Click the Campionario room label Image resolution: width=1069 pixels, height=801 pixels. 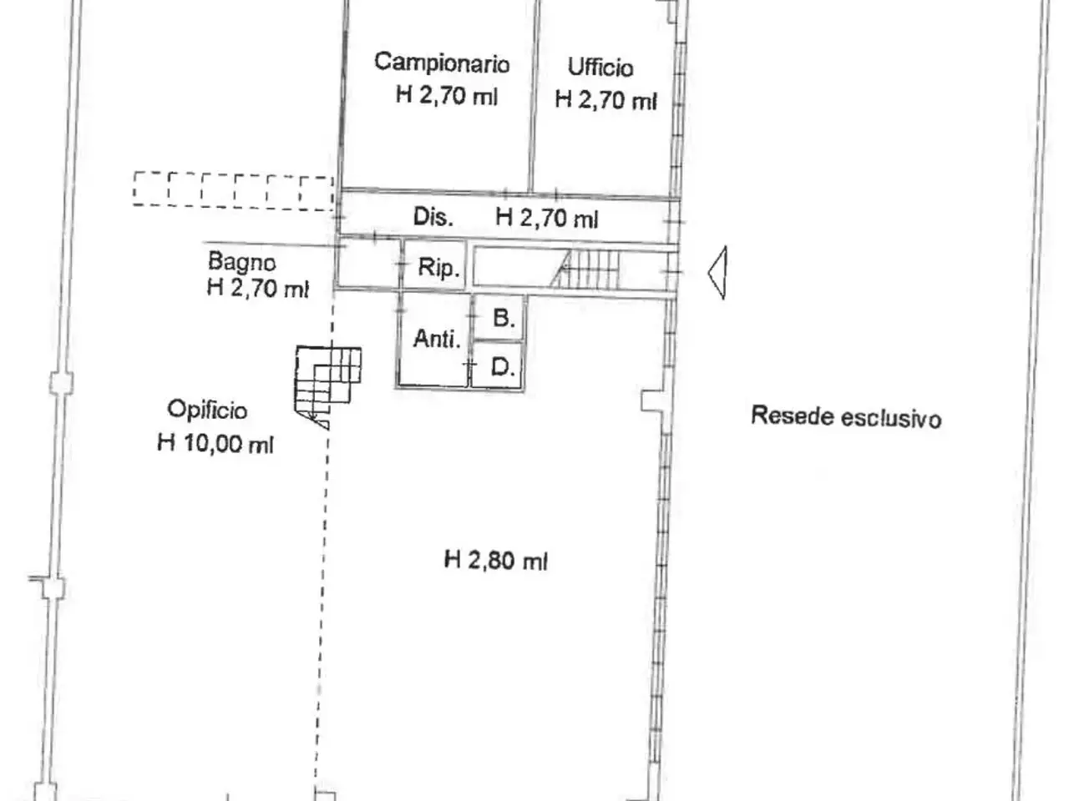click(x=442, y=63)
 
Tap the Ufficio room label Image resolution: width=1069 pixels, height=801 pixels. click(x=600, y=67)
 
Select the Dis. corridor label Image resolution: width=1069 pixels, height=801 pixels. click(x=433, y=216)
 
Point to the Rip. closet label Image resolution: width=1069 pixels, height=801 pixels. click(x=438, y=267)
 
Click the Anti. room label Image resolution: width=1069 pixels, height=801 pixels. click(x=437, y=339)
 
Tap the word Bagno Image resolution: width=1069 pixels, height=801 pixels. click(x=241, y=262)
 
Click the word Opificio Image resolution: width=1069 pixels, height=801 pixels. click(x=207, y=410)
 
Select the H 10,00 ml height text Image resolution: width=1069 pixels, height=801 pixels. click(x=215, y=443)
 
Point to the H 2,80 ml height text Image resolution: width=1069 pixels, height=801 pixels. click(x=496, y=560)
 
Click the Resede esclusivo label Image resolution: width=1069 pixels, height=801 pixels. click(x=846, y=417)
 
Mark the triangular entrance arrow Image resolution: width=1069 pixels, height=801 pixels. click(x=717, y=272)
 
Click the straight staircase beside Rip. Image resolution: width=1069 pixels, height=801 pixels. click(x=587, y=269)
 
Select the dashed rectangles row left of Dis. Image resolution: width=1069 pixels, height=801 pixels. click(x=233, y=191)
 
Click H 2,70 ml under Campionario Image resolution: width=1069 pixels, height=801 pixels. click(x=446, y=95)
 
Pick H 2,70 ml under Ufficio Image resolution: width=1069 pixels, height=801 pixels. click(x=605, y=100)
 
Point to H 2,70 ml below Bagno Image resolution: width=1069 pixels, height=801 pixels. click(x=257, y=288)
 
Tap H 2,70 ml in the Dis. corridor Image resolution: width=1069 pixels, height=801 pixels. click(x=546, y=218)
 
